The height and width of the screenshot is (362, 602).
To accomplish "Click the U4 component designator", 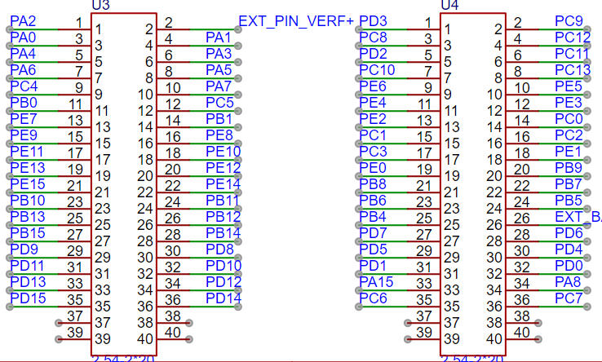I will (x=449, y=5).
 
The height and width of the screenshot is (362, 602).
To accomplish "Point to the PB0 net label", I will (x=24, y=103).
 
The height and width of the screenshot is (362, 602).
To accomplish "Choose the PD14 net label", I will (x=224, y=298).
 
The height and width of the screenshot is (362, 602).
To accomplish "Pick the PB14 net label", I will (x=224, y=233).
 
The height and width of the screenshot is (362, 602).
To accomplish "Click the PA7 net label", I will (x=219, y=86).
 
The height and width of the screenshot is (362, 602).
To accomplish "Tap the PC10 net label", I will (x=377, y=70).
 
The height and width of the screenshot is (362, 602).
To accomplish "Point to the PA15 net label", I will (x=377, y=282).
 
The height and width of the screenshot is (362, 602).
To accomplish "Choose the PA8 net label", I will (x=569, y=282).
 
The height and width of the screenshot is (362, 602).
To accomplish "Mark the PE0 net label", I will (x=373, y=168).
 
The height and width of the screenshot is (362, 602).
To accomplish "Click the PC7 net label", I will (x=569, y=298).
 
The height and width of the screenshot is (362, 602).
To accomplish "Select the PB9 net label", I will (x=569, y=168).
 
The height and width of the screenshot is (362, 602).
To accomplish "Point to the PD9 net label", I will (x=24, y=249).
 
